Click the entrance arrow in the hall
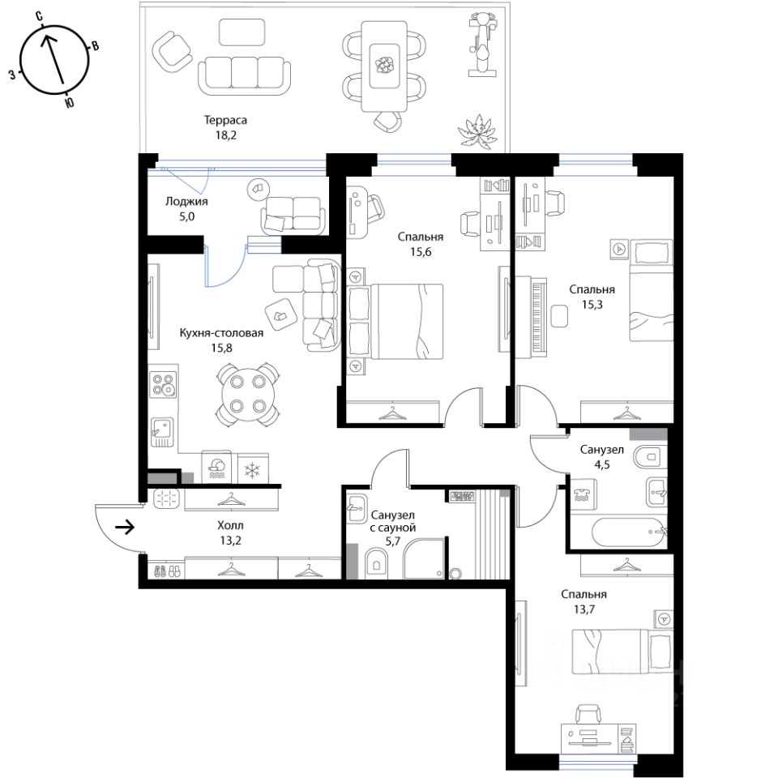point(125,528)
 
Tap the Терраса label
point(225,120)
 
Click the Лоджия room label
point(186,202)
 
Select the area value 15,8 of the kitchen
point(221,348)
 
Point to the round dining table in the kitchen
point(246,394)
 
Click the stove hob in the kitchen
point(163,384)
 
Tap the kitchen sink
point(163,431)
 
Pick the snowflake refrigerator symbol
point(253,470)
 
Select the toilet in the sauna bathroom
point(375,563)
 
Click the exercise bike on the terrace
point(482,45)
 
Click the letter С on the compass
point(39,17)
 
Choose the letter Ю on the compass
point(70,102)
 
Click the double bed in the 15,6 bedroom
point(397,321)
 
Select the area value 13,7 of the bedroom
point(584,609)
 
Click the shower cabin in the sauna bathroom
point(425,558)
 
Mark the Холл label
point(230,525)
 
